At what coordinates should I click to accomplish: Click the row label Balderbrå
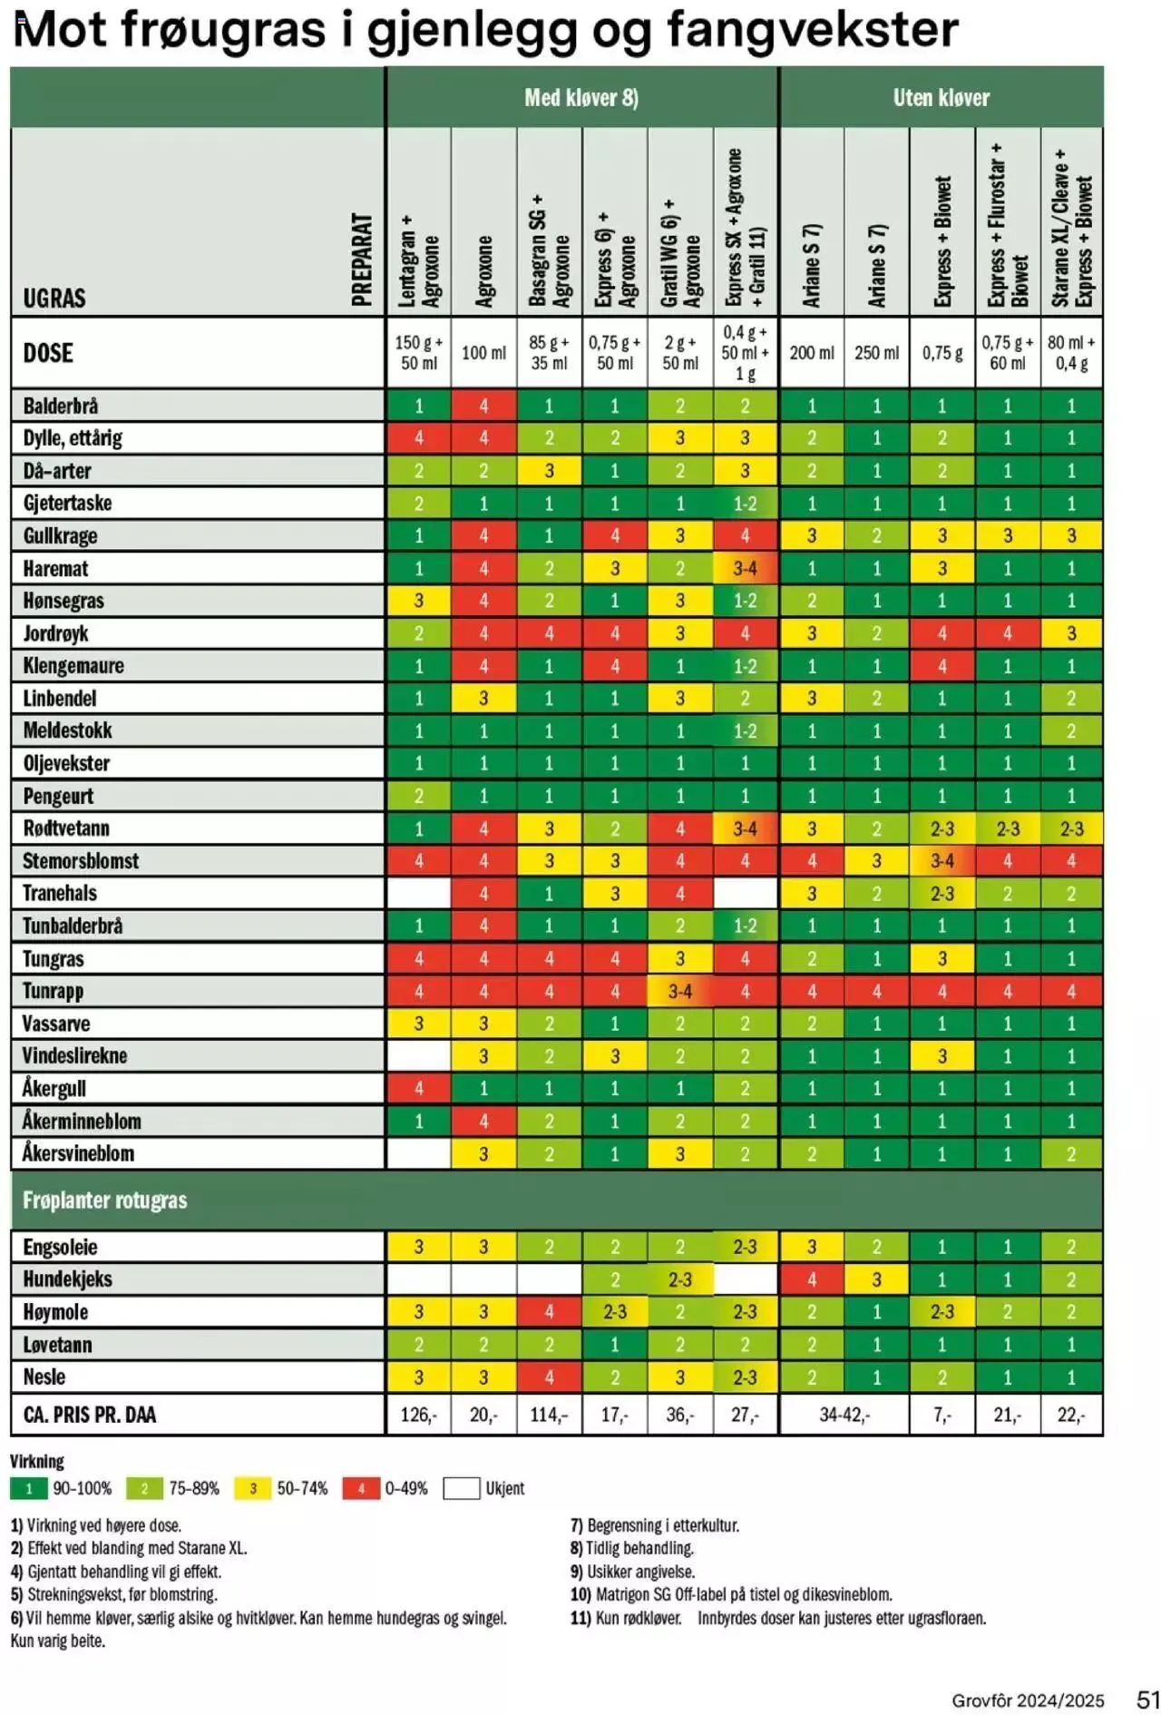coord(61,406)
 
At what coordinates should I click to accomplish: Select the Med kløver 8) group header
coord(581,98)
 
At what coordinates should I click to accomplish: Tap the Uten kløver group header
coord(941,98)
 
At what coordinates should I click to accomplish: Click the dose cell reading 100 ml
coord(483,353)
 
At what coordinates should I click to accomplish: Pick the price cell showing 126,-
coord(418,1415)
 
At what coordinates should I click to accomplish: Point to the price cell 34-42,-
coord(844,1415)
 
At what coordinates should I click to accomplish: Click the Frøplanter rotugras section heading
coord(105,1200)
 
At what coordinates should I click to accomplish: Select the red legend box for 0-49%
coord(361,1488)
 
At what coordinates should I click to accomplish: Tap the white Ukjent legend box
coord(461,1488)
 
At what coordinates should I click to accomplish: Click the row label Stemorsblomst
coord(81,860)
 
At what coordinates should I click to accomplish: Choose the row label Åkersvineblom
coord(78,1153)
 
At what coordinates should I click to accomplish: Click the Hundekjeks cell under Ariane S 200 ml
coord(812,1279)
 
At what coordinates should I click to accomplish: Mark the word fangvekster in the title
coord(812,30)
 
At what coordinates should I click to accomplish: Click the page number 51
coord(1147,1699)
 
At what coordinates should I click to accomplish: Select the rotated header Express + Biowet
coord(942,240)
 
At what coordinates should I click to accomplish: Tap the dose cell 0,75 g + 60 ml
coord(1007,353)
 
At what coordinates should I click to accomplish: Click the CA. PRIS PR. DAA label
coord(90,1415)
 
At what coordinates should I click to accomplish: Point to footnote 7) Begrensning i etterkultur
coord(654,1525)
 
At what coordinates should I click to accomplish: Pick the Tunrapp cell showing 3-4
coord(680,991)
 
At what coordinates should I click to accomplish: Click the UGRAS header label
coord(54,298)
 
